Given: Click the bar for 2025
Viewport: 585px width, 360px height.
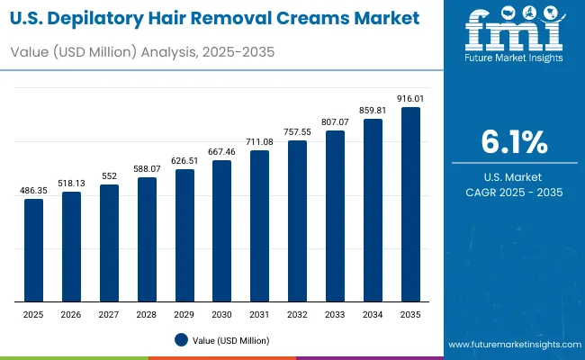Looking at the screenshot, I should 33,250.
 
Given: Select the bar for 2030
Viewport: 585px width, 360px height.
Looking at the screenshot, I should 221,231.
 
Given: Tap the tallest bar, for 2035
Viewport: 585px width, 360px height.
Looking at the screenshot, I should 410,204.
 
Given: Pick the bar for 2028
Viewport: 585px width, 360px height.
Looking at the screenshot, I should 147,239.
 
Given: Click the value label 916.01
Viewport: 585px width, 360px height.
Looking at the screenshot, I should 410,98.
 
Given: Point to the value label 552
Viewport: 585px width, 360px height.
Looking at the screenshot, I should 109,175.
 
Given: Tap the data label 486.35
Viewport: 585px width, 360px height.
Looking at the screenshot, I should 33,190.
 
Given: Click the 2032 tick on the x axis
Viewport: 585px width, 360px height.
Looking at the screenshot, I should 297,314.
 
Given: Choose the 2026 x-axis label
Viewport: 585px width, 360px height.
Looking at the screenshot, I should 71,314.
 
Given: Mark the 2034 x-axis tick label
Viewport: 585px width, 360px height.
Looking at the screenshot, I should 373,314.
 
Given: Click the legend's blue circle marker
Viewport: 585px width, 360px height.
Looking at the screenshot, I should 181,340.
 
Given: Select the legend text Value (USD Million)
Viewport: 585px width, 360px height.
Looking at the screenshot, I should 230,340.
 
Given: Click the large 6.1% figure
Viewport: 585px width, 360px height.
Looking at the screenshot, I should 514,143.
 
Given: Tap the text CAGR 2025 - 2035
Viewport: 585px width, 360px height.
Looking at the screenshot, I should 514,193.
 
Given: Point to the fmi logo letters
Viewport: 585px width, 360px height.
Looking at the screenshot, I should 514,34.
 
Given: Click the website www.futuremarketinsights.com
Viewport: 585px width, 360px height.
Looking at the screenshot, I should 513,346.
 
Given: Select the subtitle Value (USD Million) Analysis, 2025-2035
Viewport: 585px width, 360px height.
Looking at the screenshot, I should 141,52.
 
